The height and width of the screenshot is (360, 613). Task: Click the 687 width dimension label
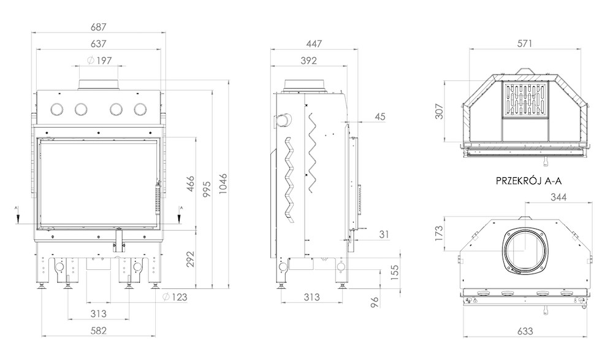tap(99, 27)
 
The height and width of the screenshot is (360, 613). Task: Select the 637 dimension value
tap(99, 44)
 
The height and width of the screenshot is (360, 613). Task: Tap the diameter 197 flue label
tap(99, 60)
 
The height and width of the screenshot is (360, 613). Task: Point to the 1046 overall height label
tap(223, 185)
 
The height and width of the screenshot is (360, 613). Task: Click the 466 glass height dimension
tap(190, 184)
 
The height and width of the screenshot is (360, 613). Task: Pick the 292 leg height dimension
tap(190, 259)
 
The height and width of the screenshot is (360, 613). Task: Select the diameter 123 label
tap(175, 297)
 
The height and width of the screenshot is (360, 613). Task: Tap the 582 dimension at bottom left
tap(99, 331)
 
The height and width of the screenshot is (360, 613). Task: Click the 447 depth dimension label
tap(314, 44)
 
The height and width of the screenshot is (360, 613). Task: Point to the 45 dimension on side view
tap(380, 117)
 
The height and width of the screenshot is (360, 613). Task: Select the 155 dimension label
tap(394, 273)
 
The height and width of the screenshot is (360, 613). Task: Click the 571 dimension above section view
tap(525, 44)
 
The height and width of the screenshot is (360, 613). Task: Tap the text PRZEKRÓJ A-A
tap(528, 181)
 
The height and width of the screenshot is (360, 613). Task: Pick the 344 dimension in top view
tap(558, 197)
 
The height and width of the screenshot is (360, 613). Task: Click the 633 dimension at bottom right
tap(525, 331)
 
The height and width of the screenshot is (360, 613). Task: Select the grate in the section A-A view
tap(525, 99)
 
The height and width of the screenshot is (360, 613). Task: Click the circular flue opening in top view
tap(525, 249)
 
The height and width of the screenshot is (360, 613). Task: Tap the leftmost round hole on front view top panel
tap(58, 109)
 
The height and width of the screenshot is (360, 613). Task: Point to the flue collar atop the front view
tap(99, 85)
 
